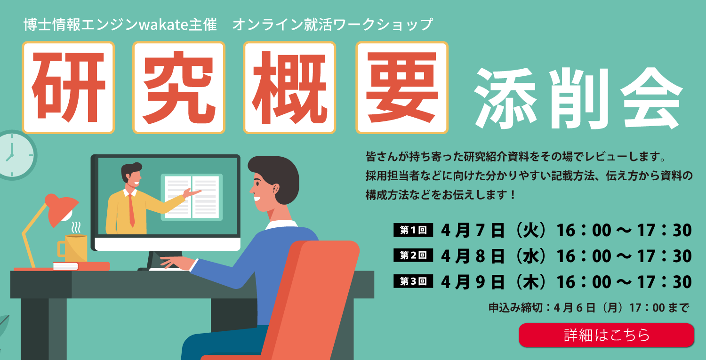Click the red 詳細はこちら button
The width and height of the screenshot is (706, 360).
606,335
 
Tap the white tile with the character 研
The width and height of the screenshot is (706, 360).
68,88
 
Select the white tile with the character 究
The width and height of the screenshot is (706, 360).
179,88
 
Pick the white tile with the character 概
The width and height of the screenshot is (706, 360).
289,88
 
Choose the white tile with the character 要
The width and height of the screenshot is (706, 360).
402,88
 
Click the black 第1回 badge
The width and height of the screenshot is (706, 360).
413,230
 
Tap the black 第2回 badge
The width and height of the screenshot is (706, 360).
413,256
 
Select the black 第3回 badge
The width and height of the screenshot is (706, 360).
413,281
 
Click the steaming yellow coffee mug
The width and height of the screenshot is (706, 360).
73,248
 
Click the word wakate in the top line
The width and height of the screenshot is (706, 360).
163,25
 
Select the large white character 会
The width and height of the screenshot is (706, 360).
651,98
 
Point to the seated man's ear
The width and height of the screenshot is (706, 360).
276,189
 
